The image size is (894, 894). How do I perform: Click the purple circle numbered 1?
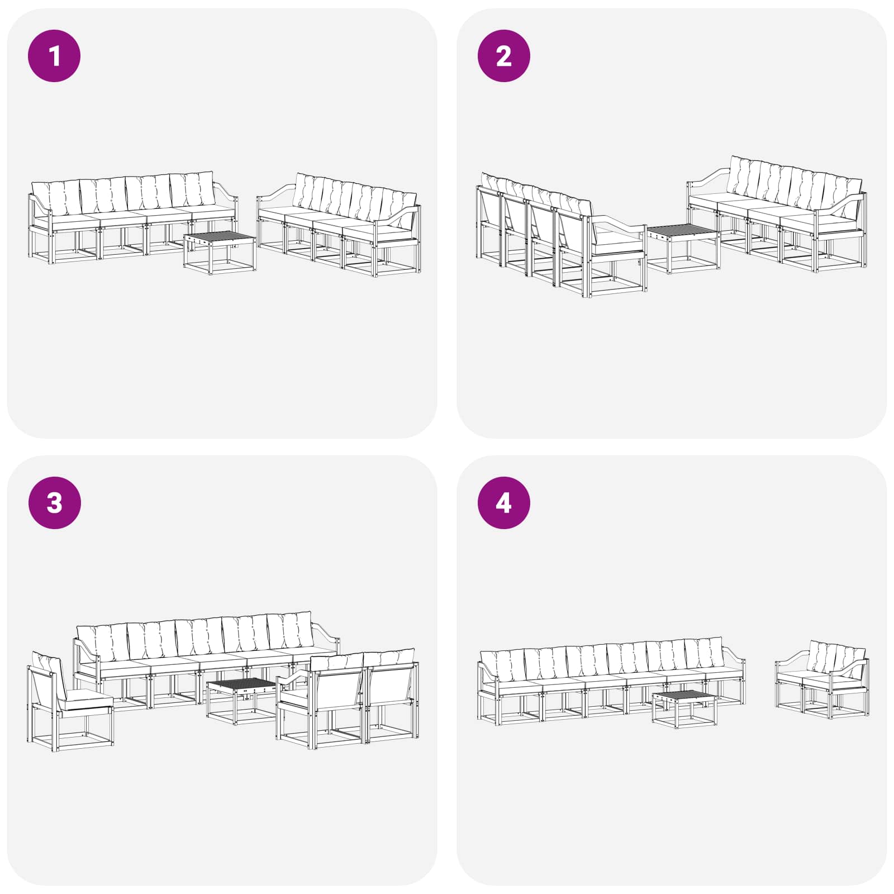pyautogui.click(x=54, y=56)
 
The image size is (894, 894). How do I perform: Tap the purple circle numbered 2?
pyautogui.click(x=503, y=56)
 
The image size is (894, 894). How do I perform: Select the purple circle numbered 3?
pyautogui.click(x=54, y=503)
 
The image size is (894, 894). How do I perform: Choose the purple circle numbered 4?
pyautogui.click(x=503, y=503)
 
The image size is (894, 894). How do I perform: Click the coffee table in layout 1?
pyautogui.click(x=220, y=252)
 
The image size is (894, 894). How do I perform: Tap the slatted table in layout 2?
pyautogui.click(x=683, y=249)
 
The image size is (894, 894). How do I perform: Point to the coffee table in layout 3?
pyautogui.click(x=242, y=701)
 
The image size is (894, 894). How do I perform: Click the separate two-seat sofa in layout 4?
pyautogui.click(x=822, y=679)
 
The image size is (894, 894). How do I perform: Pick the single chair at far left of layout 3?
pyautogui.click(x=70, y=701)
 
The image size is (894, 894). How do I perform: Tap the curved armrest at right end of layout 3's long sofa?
pyautogui.click(x=327, y=637)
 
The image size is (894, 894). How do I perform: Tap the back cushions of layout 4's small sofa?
pyautogui.click(x=836, y=659)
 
